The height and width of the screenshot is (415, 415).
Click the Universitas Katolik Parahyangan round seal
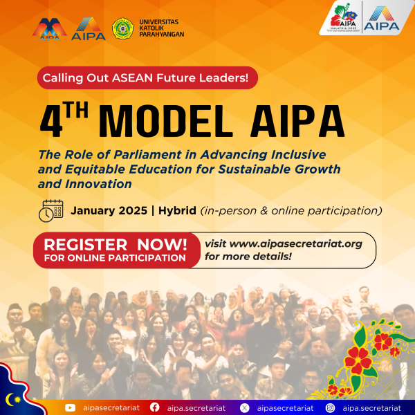[x=122, y=28]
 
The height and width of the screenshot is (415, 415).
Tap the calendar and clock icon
[x=50, y=211]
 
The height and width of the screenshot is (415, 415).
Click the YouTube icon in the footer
[x=70, y=407]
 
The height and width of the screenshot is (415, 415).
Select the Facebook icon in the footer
[x=154, y=407]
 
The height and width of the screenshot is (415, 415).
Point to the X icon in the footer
[x=244, y=408]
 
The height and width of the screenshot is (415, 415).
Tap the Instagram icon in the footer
[x=330, y=408]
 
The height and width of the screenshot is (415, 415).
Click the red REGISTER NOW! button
[x=116, y=250]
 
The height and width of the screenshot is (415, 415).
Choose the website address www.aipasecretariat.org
[x=296, y=243]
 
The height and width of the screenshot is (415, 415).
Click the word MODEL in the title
[x=166, y=121]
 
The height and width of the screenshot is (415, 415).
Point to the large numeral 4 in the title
[x=52, y=121]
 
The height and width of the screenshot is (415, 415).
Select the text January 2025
[x=109, y=211]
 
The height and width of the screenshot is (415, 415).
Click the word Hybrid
[x=177, y=211]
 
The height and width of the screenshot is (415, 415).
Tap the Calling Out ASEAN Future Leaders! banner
[x=147, y=77]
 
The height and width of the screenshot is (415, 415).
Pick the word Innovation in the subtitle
[x=98, y=184]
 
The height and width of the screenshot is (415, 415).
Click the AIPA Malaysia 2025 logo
[x=344, y=17]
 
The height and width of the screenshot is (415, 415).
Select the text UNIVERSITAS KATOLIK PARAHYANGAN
[x=162, y=28]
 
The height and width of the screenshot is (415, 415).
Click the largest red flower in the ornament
[x=358, y=360]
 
